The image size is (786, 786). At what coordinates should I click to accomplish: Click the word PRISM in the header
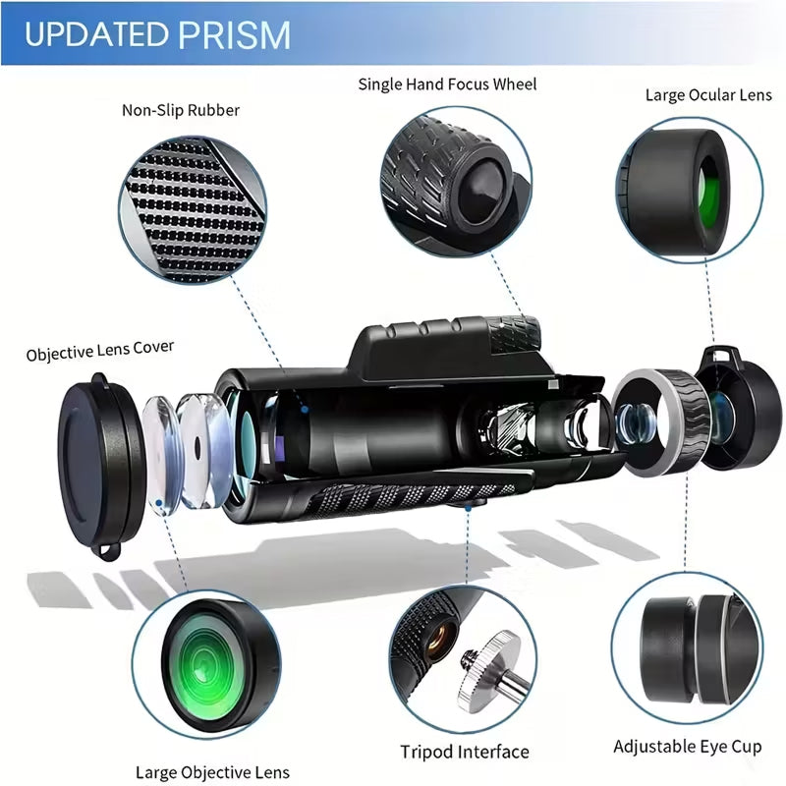coord(234,34)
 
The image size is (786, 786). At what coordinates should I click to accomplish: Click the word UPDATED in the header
coord(96,34)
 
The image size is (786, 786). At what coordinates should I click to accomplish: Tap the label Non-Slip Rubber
coord(181,110)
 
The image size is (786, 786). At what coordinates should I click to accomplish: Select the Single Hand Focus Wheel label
coord(447,84)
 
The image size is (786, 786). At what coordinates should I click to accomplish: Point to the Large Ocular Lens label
coord(708,95)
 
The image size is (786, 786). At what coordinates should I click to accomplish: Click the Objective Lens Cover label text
coord(100,350)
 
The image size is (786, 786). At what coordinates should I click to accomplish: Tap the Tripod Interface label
coord(464,752)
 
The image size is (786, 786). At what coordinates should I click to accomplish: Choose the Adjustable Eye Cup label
coord(687,747)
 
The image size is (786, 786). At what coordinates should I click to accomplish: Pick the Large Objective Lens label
coord(212,772)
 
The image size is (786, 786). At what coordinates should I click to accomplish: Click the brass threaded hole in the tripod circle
coord(440,640)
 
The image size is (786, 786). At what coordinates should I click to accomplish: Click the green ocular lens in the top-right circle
coord(709,193)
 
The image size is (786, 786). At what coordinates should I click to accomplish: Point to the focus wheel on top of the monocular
coord(514,334)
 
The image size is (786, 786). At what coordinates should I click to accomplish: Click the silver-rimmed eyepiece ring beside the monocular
coord(661,422)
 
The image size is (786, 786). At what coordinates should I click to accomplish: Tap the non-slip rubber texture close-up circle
coord(193,209)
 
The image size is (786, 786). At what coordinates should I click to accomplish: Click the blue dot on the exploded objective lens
coord(159,502)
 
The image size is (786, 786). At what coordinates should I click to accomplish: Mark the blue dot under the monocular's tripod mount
coord(468,508)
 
